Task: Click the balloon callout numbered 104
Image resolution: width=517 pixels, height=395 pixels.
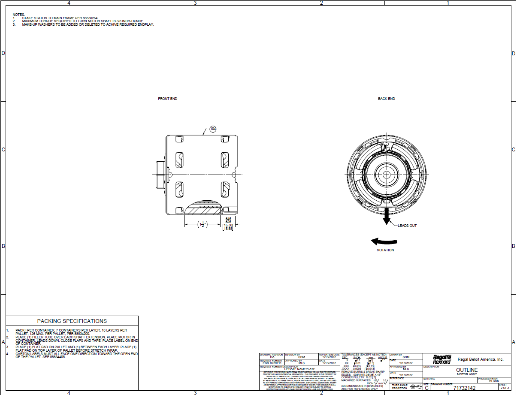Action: tap(213, 129)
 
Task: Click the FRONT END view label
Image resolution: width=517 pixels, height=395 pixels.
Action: tap(167, 99)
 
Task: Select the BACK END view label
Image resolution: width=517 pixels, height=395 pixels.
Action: tap(386, 99)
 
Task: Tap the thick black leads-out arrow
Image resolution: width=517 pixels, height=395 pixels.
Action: tap(387, 216)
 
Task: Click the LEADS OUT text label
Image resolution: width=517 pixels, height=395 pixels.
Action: tap(407, 226)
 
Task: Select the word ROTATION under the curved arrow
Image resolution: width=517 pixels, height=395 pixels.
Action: tap(385, 250)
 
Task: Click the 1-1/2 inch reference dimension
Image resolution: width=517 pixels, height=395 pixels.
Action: tap(202, 224)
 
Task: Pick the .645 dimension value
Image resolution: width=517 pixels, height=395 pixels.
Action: tap(227, 219)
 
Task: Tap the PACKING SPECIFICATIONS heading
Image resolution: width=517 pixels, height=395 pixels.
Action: tap(72, 321)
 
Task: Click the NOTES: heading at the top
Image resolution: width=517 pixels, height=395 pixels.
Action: tap(19, 14)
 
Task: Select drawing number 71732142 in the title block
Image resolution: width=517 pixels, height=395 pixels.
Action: tap(464, 388)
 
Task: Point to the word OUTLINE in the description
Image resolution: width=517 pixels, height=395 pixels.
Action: tap(467, 370)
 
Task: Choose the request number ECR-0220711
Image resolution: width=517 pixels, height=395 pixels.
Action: tap(271, 363)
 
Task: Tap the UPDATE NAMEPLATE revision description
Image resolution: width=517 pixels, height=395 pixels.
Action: tap(300, 369)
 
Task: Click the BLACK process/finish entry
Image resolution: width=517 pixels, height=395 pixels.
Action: tap(494, 381)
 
